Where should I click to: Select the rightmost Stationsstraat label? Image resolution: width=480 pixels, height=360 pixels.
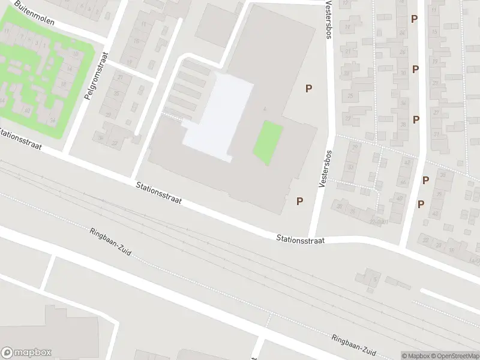(x=300, y=239)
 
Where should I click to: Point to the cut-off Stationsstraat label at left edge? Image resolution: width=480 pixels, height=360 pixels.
(x=20, y=138)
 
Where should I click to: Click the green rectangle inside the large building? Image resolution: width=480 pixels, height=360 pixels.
(x=268, y=143)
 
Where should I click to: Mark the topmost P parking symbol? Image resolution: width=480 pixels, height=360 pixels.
(x=414, y=19)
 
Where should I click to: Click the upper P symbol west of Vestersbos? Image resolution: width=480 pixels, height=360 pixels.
(x=308, y=89)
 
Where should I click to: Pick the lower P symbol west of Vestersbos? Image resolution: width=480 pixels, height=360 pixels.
(x=299, y=202)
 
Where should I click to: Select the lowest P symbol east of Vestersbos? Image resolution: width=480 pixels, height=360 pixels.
(x=421, y=204)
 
